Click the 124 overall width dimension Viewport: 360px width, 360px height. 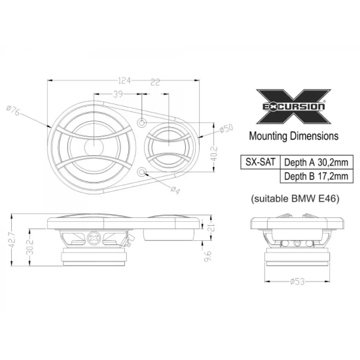(124, 81)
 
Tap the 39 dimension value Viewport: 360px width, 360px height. (118, 94)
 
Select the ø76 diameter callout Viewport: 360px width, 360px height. (14, 111)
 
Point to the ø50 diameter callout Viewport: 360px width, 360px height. (226, 128)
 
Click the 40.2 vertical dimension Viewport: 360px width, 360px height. (214, 154)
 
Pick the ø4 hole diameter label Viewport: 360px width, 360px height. (175, 190)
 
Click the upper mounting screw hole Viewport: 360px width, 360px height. (142, 123)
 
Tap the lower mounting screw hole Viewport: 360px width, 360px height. (142, 171)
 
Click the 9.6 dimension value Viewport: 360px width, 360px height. (207, 256)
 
